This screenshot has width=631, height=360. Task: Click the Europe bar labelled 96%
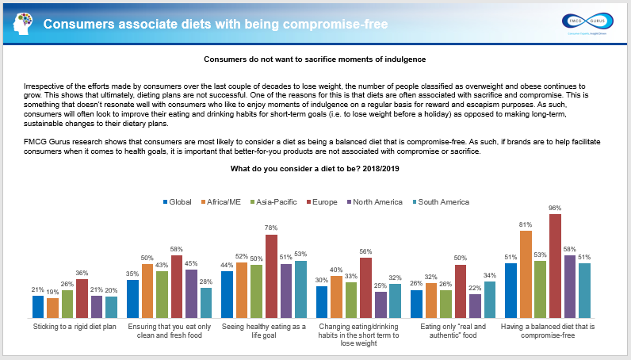pos(554,266)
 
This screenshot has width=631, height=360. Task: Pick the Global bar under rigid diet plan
pos(38,306)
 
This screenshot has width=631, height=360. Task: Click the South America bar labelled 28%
pos(205,302)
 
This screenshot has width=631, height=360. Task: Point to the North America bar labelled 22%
pos(475,305)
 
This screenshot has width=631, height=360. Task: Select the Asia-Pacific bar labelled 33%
pos(351,300)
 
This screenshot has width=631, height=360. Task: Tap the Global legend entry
pos(179,202)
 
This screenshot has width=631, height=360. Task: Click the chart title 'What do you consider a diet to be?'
pos(315,169)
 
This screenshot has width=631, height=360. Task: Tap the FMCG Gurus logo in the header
pos(586,23)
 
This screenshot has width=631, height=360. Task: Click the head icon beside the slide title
pos(23,24)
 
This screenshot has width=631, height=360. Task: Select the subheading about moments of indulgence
pos(315,59)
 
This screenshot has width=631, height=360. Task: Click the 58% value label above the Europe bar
pos(177,249)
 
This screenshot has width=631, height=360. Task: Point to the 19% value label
pos(52,292)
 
